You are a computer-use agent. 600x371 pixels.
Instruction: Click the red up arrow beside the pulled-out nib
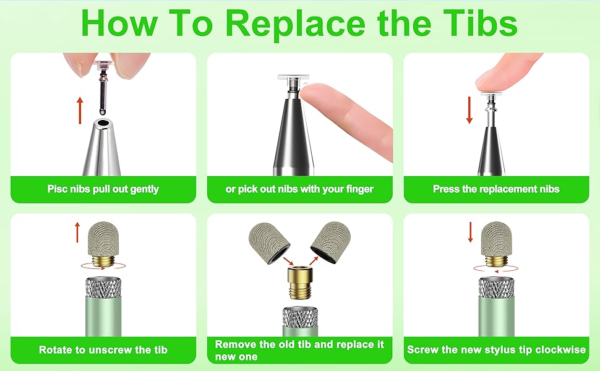(x=80, y=111)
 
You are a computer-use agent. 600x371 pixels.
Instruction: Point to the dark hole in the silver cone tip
(x=102, y=124)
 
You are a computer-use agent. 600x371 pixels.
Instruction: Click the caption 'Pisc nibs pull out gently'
(x=103, y=189)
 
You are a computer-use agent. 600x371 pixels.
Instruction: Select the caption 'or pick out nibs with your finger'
(x=299, y=189)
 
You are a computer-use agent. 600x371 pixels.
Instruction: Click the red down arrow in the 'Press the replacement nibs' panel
(x=469, y=110)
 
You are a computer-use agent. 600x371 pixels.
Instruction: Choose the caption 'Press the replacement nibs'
(x=496, y=189)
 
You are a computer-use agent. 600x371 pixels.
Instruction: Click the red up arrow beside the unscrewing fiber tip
(x=78, y=232)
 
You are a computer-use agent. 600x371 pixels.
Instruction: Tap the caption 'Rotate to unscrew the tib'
(x=103, y=349)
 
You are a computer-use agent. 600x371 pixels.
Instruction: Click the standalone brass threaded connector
(x=300, y=283)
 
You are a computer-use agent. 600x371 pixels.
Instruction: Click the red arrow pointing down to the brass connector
(x=288, y=261)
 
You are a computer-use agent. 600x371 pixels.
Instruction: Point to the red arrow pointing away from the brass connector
(x=314, y=260)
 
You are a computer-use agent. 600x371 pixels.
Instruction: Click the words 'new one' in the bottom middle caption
(x=236, y=357)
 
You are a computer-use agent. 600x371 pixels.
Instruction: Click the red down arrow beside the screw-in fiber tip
(x=471, y=232)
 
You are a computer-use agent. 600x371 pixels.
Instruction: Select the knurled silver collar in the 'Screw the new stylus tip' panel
(x=496, y=288)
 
